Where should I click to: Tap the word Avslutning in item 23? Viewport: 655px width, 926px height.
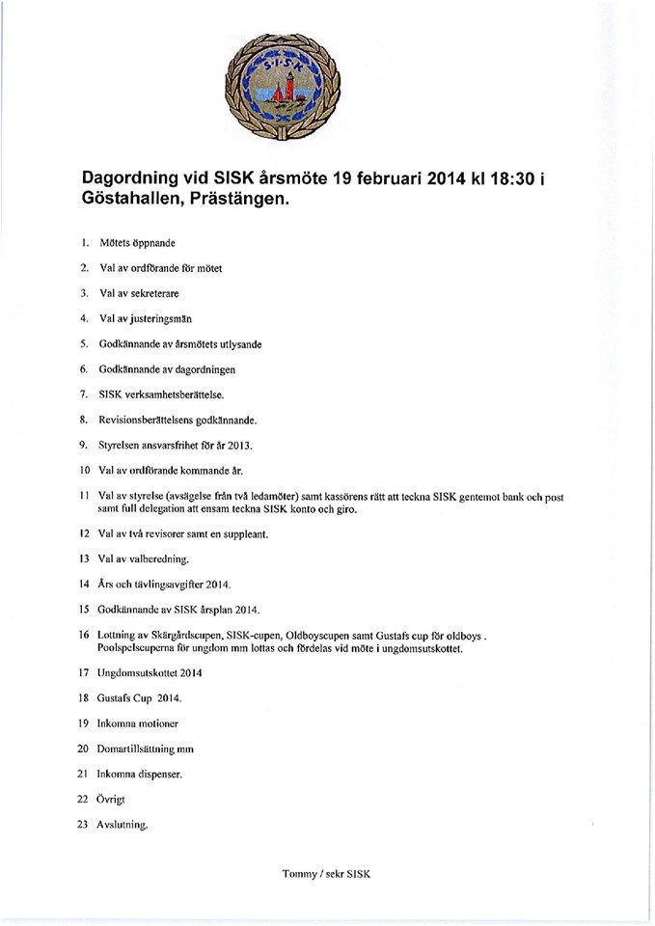point(125,825)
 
